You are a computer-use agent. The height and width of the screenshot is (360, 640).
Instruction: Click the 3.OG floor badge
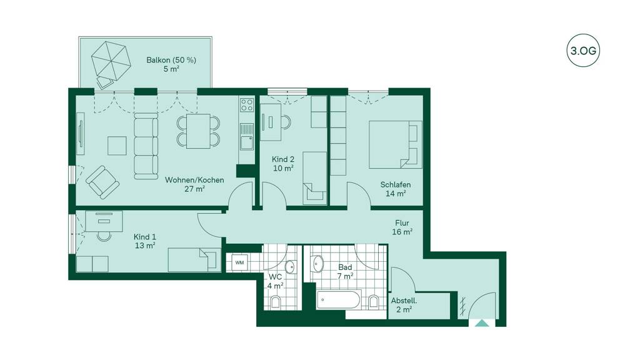click(583, 51)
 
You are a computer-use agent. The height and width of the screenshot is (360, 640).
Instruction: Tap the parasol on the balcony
click(110, 61)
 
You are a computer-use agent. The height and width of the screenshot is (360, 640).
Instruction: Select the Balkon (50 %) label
click(171, 60)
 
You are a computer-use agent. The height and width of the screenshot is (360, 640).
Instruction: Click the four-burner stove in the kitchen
click(246, 104)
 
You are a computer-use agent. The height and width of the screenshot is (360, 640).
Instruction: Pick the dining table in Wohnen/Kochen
click(198, 131)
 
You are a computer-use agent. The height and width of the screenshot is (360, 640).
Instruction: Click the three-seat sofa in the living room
click(146, 146)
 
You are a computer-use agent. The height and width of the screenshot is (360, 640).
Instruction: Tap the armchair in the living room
click(102, 182)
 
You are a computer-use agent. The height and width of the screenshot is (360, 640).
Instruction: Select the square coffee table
click(117, 146)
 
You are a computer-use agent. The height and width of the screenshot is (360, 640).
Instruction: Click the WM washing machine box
click(239, 262)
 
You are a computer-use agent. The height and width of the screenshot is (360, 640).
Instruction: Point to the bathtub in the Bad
click(338, 300)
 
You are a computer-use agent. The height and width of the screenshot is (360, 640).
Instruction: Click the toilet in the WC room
click(276, 302)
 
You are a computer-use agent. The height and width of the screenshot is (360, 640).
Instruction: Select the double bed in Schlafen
click(395, 144)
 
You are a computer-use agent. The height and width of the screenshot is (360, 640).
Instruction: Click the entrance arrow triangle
click(482, 323)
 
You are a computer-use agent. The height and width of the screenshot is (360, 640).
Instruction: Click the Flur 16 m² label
click(402, 227)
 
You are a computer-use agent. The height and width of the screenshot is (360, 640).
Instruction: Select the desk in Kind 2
click(271, 122)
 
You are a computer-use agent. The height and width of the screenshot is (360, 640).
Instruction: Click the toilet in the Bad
click(374, 302)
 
